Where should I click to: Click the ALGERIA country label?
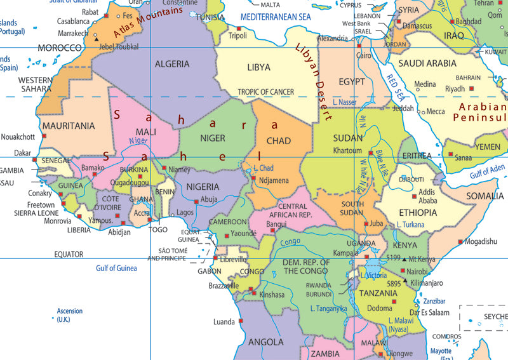[x=172, y=64]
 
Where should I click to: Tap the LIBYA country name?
[x=258, y=67]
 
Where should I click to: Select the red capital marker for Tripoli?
[x=239, y=29]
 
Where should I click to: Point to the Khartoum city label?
[x=348, y=151]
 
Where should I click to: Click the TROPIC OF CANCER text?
[x=266, y=92]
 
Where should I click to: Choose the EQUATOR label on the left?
[x=68, y=254]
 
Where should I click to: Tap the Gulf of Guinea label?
[x=116, y=269]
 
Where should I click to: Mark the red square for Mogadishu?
[x=459, y=242]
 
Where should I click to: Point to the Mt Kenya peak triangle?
[x=405, y=258]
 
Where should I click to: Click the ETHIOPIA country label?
[x=418, y=212]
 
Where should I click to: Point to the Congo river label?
[x=290, y=242]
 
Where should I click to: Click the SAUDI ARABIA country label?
[x=427, y=63]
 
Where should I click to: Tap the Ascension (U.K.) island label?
[x=70, y=315]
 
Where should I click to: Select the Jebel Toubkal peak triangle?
[x=97, y=39]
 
